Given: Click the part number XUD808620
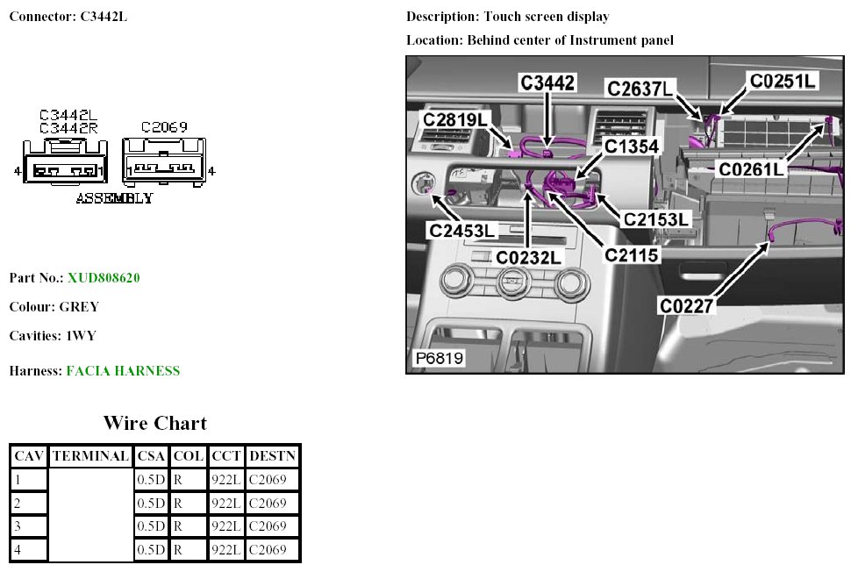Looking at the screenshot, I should click(x=104, y=278).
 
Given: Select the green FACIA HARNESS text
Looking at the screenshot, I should click(x=123, y=371).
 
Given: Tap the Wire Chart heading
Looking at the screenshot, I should click(x=154, y=423).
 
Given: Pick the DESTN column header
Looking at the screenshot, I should click(x=272, y=456).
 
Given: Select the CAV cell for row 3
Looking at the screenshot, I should click(x=28, y=526).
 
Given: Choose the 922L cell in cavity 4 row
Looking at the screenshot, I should click(x=226, y=550).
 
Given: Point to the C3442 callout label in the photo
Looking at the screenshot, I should click(x=547, y=83).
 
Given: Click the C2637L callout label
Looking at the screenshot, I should click(x=641, y=89).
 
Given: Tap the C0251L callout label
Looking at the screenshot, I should click(x=783, y=81).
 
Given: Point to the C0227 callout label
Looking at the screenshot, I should click(x=689, y=305).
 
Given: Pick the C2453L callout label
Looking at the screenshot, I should click(x=462, y=231).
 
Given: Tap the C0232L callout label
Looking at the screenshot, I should click(x=528, y=257).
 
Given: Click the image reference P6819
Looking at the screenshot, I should click(x=439, y=358).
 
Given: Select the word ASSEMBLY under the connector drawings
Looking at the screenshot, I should click(x=114, y=197).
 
